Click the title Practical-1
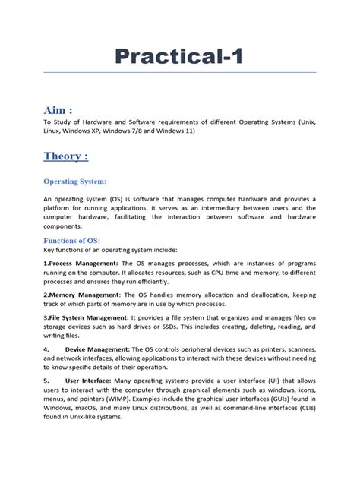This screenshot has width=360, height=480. tap(179, 56)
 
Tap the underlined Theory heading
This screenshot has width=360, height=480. tap(65, 156)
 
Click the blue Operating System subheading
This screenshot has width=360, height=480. tap(74, 182)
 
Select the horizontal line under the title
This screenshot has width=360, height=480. tap(179, 73)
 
